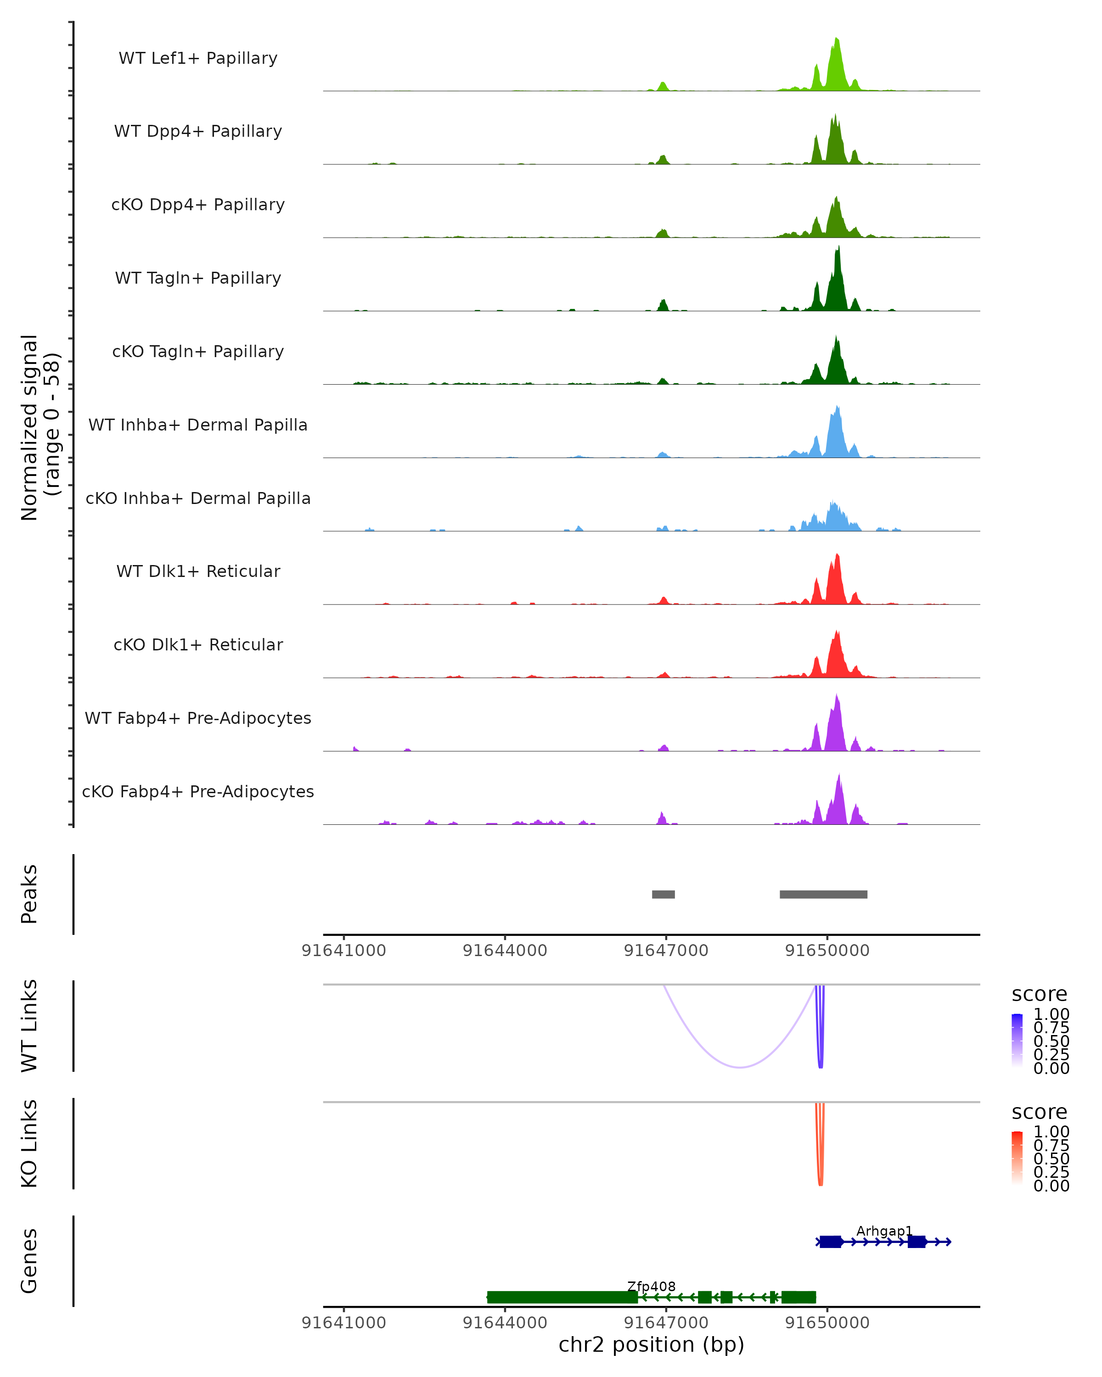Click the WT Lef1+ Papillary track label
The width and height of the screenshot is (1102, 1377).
click(198, 58)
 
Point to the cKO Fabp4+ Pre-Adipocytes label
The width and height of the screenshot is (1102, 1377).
click(198, 791)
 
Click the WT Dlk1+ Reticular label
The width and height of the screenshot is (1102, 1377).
click(198, 571)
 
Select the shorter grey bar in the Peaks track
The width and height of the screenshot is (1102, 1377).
click(663, 894)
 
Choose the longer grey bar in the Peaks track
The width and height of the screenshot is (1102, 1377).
click(823, 894)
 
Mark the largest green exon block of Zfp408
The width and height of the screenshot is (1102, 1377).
click(562, 1297)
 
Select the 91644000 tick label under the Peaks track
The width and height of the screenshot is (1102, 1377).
click(505, 951)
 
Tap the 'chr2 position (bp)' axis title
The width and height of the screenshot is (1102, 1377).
click(651, 1345)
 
